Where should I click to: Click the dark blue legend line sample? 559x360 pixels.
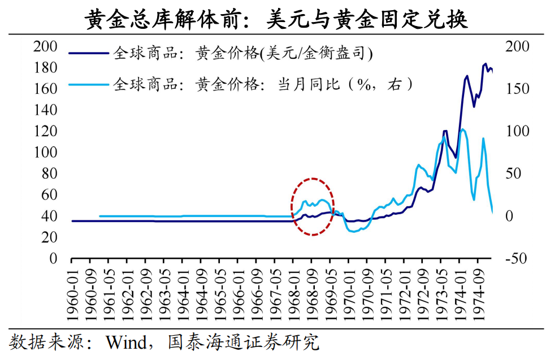pos(88,54)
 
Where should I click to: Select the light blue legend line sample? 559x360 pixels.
pos(88,85)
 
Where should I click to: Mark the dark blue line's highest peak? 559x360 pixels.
pos(486,64)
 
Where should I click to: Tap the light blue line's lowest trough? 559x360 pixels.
pos(355,232)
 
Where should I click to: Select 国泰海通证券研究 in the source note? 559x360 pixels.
pos(244,342)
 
